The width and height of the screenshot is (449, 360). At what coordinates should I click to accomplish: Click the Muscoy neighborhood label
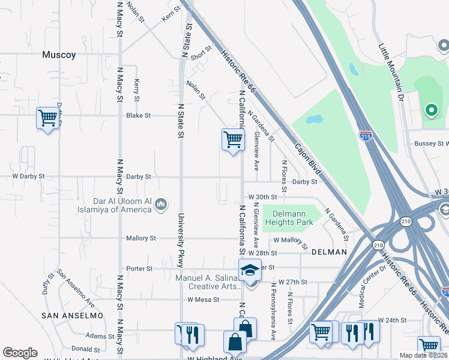[x=59, y=55]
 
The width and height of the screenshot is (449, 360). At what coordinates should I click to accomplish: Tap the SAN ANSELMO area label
[x=72, y=315]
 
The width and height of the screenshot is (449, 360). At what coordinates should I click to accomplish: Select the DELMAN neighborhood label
[x=329, y=252]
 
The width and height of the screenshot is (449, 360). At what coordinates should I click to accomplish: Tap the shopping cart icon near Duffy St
[x=47, y=118]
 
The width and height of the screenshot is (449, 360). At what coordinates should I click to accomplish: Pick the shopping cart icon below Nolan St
[x=232, y=139]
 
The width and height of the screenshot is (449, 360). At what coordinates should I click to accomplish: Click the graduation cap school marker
[x=250, y=271]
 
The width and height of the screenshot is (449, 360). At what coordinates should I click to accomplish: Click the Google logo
[x=20, y=353]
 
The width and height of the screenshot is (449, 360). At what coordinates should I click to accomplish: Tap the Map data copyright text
[x=424, y=355]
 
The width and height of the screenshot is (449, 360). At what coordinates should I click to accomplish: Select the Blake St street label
[x=138, y=115]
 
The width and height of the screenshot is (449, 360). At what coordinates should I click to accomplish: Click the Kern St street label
[x=170, y=15]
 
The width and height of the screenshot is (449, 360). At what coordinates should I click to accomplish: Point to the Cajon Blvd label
[x=308, y=158]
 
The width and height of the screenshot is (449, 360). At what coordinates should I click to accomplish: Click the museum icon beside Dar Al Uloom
[x=160, y=205]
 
